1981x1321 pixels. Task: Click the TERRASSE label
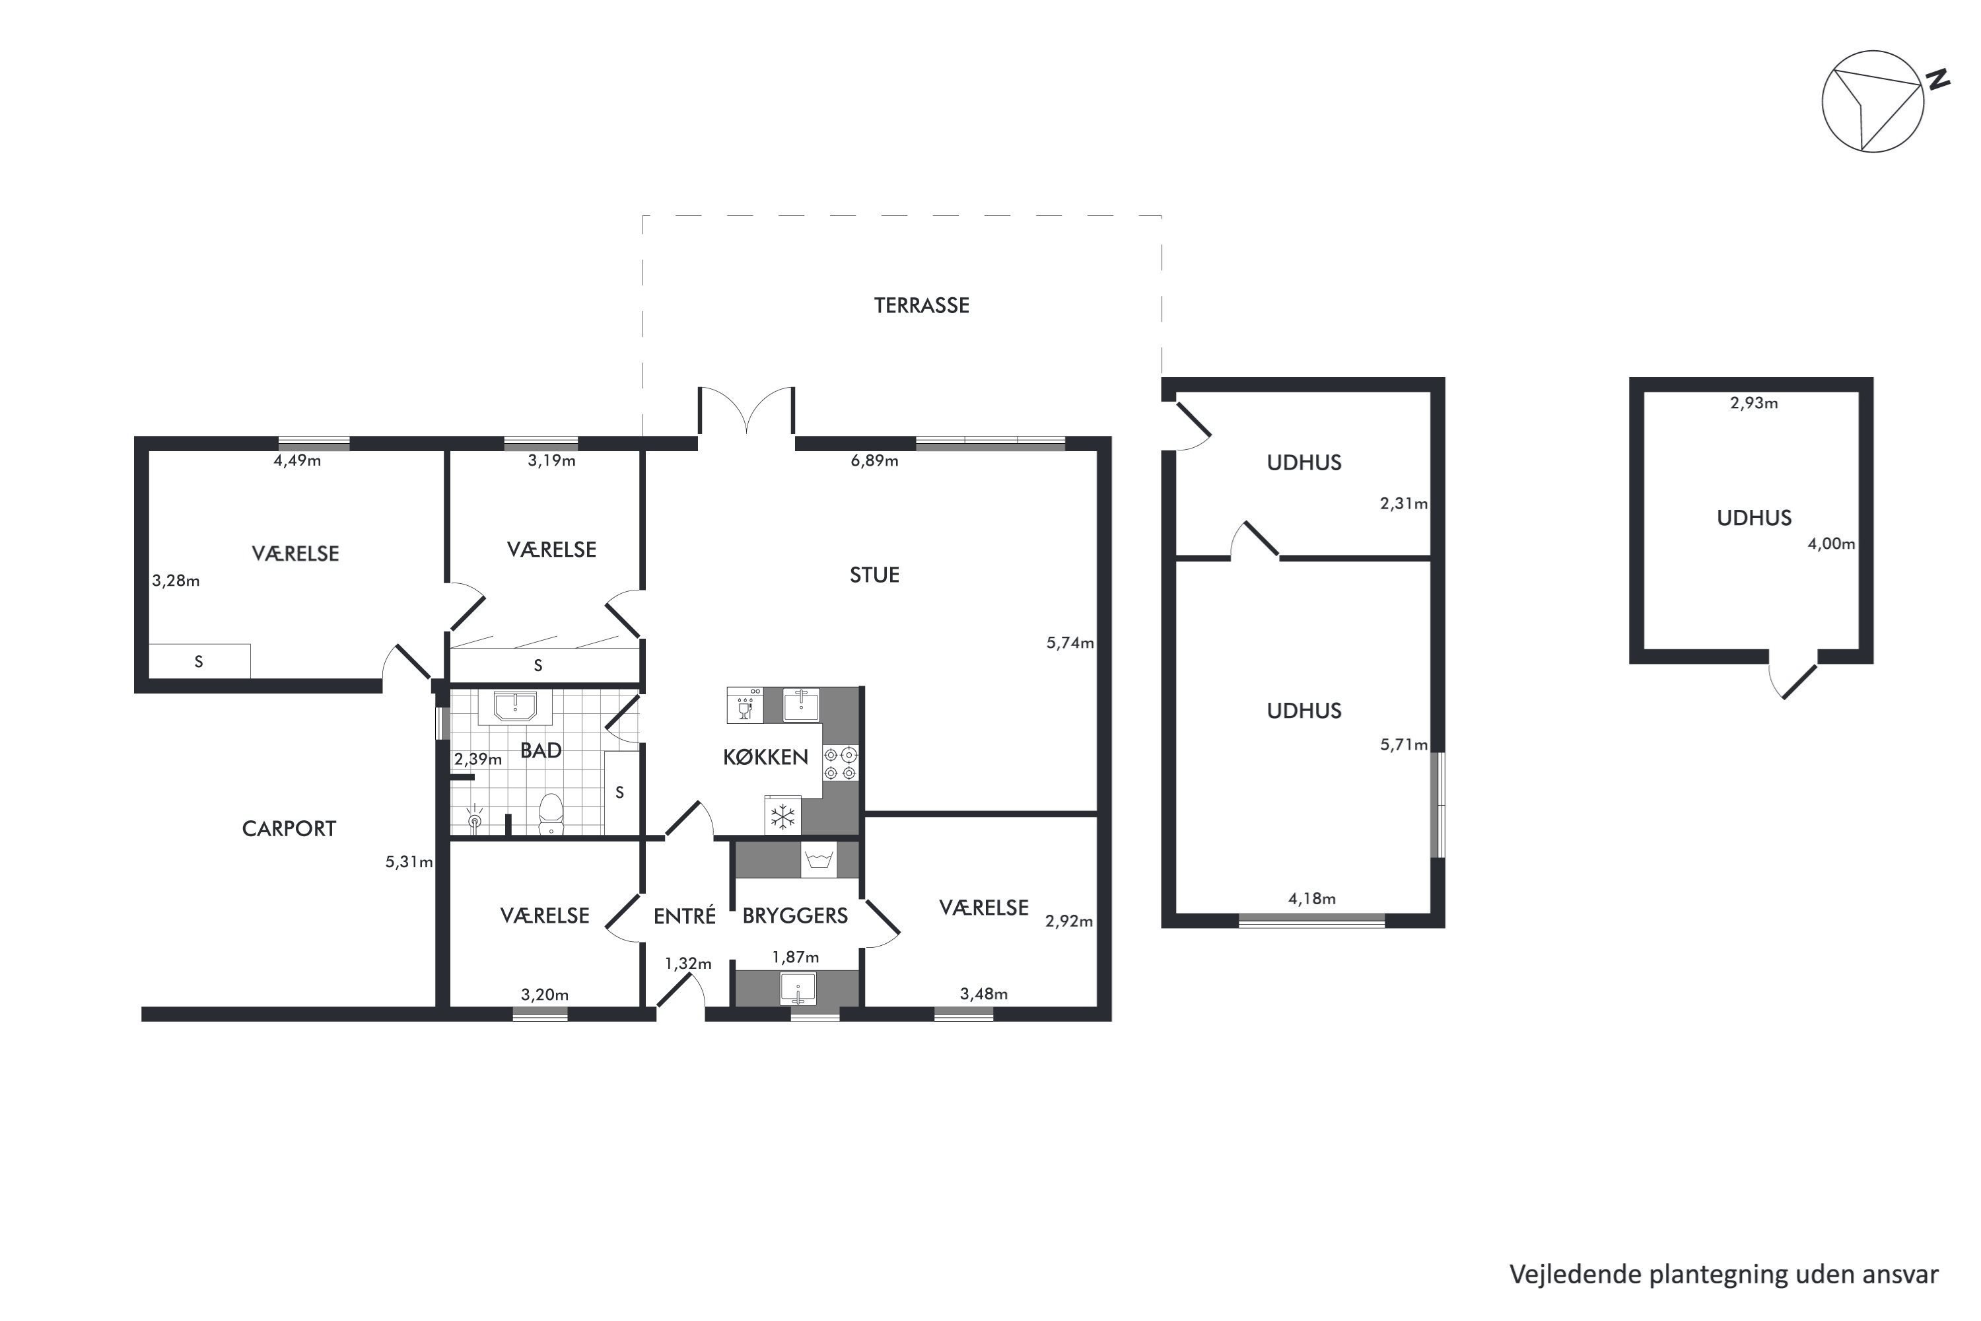[x=921, y=305]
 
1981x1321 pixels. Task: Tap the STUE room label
[x=874, y=575]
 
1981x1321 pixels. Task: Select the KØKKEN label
[x=765, y=756]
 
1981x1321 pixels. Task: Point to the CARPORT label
[x=289, y=829]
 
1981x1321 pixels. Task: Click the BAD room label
[x=541, y=750]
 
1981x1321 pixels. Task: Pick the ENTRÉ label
[x=685, y=915]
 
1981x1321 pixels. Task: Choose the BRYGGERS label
[x=795, y=915]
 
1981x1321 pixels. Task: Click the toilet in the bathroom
[x=551, y=813]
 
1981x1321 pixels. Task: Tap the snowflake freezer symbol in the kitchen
[x=783, y=816]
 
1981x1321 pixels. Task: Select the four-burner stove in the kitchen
[x=841, y=764]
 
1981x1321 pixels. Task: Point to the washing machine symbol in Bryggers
[x=819, y=860]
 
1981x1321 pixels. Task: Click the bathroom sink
[x=514, y=707]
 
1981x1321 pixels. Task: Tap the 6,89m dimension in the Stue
[x=874, y=461]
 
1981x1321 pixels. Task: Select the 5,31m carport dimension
[x=409, y=862]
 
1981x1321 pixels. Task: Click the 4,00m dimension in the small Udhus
[x=1831, y=544]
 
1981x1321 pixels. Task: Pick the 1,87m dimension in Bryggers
[x=795, y=957]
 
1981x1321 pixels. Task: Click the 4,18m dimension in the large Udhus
[x=1312, y=899]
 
